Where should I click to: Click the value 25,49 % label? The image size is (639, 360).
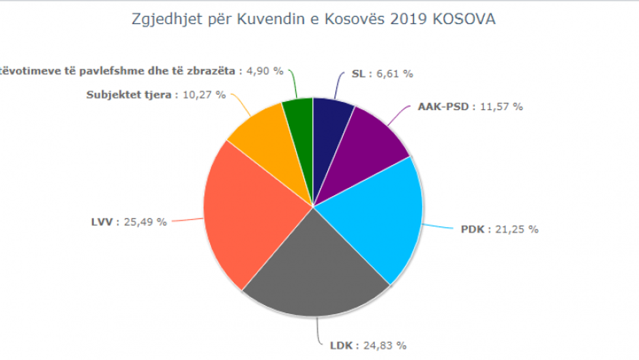145,222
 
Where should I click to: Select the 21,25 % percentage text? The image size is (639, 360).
517,229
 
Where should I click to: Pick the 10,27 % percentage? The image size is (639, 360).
204,95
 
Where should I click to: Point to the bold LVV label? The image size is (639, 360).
103,222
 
